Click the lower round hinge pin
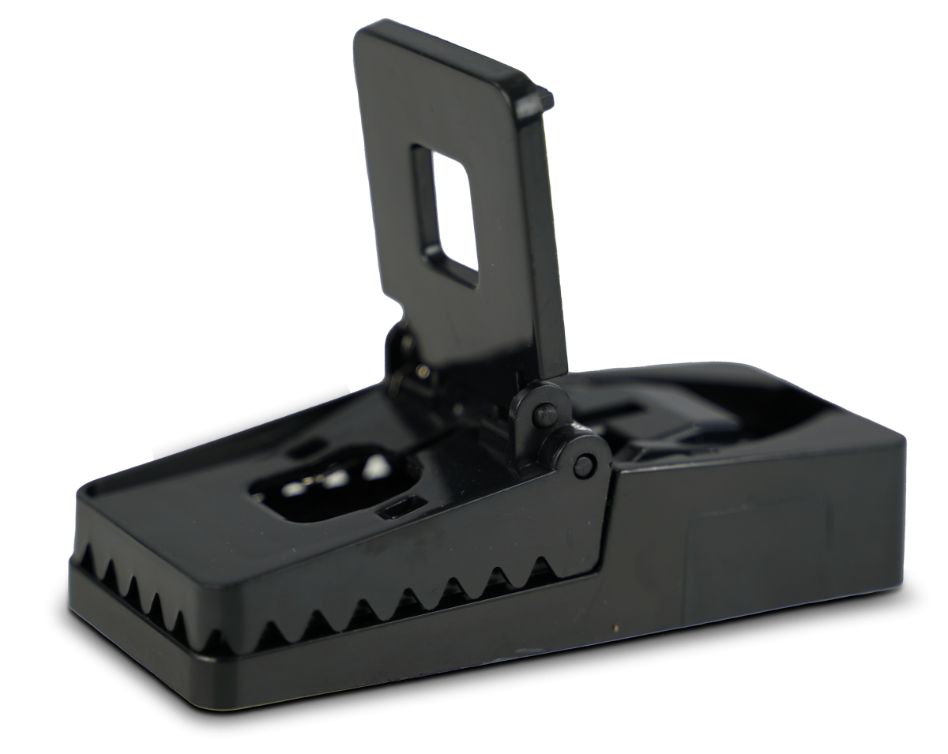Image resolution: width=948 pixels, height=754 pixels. pyautogui.click(x=585, y=465)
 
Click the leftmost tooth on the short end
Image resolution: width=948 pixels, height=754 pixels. pyautogui.click(x=86, y=559)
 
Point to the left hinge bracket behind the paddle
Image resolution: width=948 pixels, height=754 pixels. pyautogui.click(x=399, y=355)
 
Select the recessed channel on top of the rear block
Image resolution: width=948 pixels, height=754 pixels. pyautogui.click(x=632, y=411)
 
